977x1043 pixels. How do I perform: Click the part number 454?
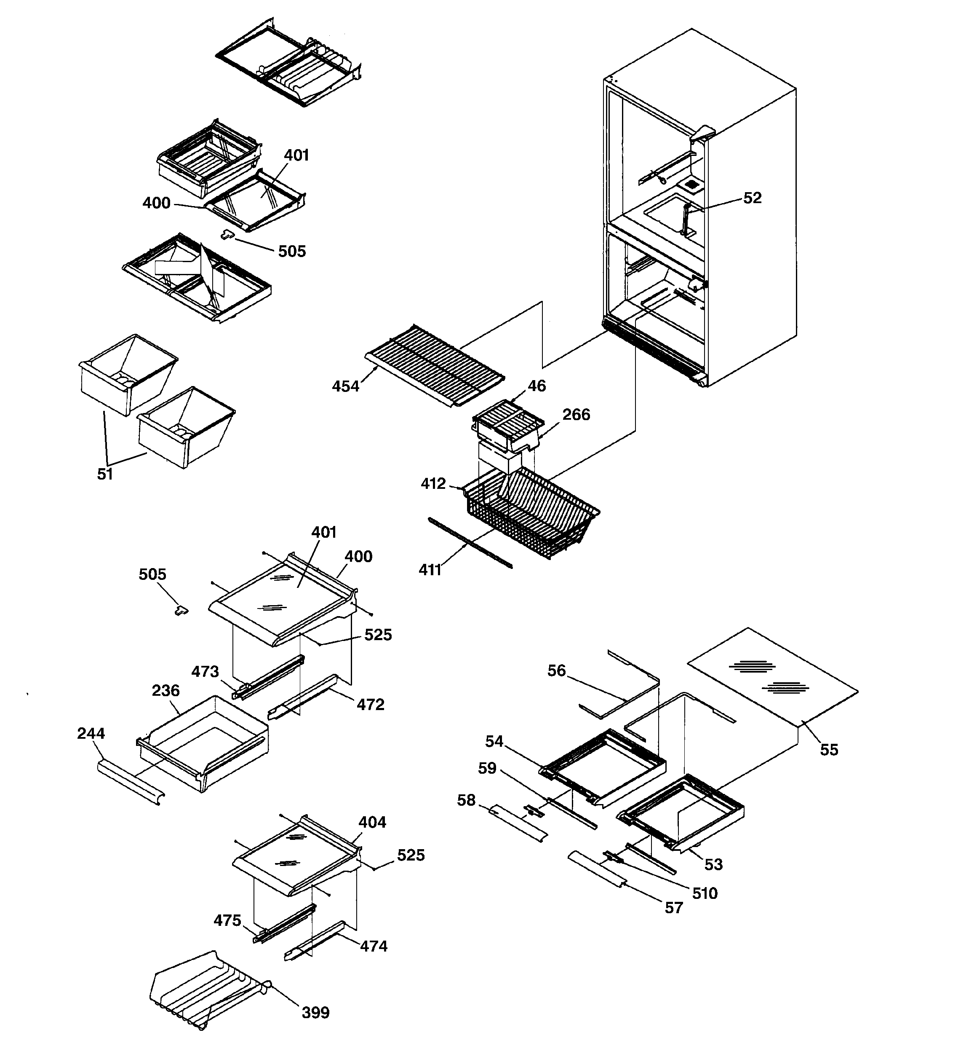tap(346, 387)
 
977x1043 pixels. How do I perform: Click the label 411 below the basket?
tap(430, 570)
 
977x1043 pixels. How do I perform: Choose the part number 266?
tap(577, 415)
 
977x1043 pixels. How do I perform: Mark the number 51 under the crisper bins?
tap(105, 474)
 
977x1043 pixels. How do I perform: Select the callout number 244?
tap(91, 733)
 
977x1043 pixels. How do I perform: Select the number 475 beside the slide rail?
tap(227, 920)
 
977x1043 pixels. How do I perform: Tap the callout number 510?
tap(704, 893)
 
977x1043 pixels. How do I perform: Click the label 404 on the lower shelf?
tap(372, 822)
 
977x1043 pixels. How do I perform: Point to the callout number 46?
tap(537, 386)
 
